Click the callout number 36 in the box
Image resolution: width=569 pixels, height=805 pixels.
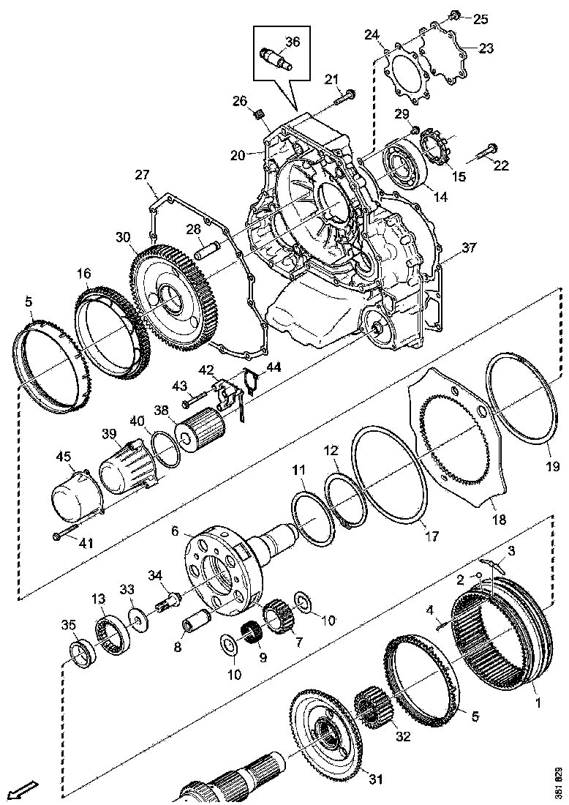(x=293, y=42)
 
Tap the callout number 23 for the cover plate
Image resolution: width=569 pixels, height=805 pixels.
(x=486, y=48)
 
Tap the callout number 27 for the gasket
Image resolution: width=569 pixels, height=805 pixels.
(x=142, y=175)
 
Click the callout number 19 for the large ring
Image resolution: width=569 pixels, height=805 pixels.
(x=551, y=466)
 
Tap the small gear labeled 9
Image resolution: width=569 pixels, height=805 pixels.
(x=252, y=632)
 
